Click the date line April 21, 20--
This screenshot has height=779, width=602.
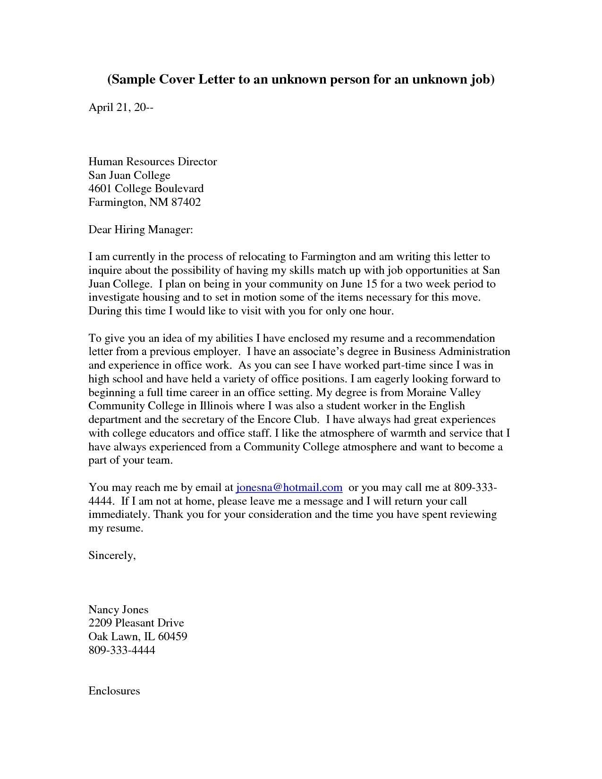pos(121,108)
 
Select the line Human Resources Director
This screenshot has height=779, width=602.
pos(153,161)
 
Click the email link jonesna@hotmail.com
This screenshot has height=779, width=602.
pos(289,487)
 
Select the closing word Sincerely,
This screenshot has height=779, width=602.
pos(112,555)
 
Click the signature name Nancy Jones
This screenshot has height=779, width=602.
pos(119,610)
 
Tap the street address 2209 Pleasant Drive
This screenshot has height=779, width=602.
pos(136,623)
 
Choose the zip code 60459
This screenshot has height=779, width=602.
pos(172,636)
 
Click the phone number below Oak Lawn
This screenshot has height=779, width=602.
pos(121,650)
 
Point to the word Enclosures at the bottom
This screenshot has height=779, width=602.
pos(114,691)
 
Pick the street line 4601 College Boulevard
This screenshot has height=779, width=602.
pos(146,188)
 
